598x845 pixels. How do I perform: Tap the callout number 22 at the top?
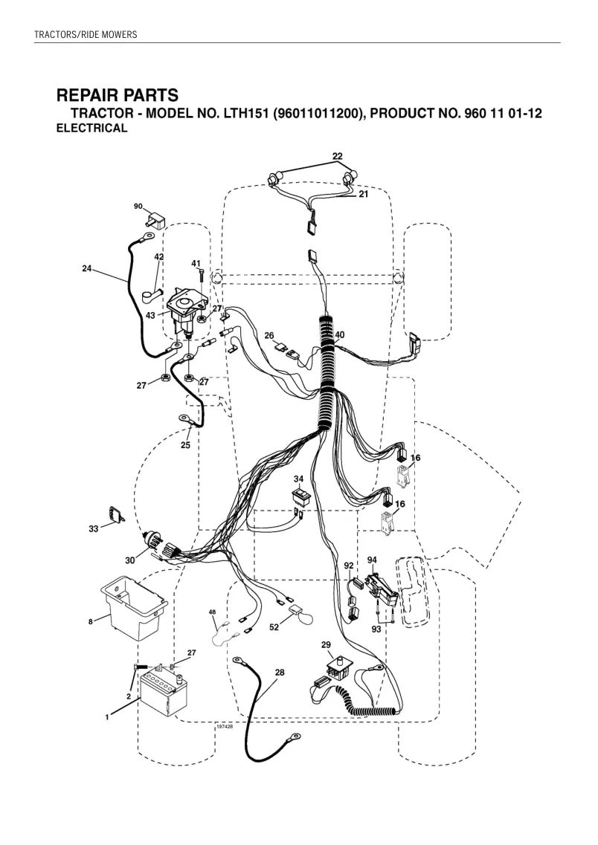(337, 156)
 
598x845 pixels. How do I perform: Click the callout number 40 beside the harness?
(339, 334)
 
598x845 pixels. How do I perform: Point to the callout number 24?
(87, 268)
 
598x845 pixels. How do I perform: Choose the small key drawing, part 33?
(115, 514)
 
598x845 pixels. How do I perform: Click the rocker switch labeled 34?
(298, 496)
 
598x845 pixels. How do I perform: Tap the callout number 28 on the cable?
(280, 673)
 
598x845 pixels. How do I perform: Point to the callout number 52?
(274, 627)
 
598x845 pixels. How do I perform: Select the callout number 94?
(372, 560)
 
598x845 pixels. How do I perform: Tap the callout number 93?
(376, 629)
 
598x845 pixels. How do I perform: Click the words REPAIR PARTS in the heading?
(118, 95)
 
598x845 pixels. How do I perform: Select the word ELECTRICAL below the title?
(92, 129)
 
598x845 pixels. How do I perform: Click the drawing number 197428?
(224, 727)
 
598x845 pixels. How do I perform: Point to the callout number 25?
(185, 445)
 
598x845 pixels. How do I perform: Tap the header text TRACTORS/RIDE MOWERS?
(86, 35)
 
